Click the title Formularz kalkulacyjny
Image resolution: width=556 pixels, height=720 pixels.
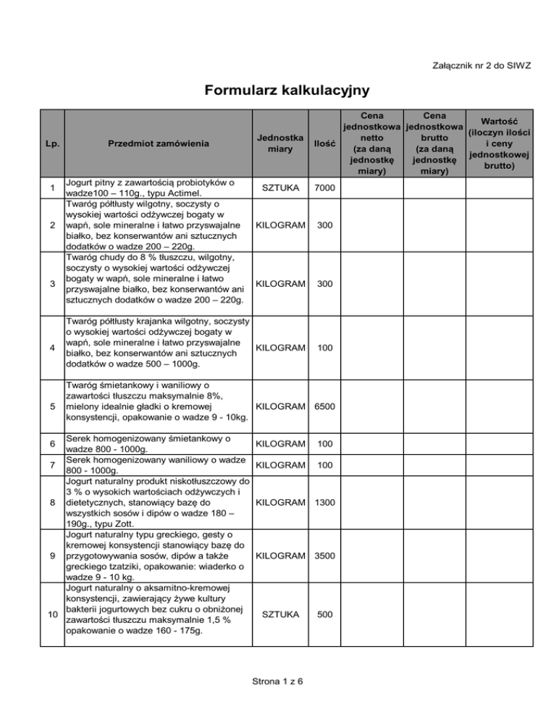(x=277, y=91)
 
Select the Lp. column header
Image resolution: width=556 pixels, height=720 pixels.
(x=49, y=143)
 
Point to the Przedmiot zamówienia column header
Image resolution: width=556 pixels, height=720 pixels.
(x=158, y=143)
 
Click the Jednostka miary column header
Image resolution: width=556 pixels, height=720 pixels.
(x=279, y=143)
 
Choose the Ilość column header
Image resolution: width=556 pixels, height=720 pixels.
(x=324, y=143)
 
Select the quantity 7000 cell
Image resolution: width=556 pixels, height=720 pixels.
(x=324, y=188)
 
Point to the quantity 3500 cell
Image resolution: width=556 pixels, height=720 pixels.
(x=324, y=556)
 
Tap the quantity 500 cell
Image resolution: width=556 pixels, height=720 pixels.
(x=324, y=614)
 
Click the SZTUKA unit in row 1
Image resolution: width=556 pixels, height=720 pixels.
(x=279, y=188)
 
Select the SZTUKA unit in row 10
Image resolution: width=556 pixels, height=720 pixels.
(x=279, y=614)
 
